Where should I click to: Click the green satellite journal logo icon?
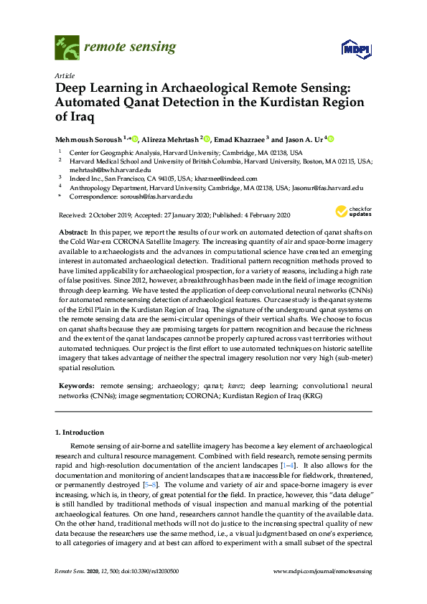[67, 48]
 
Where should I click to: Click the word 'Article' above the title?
[65, 75]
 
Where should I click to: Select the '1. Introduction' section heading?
[80, 433]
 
